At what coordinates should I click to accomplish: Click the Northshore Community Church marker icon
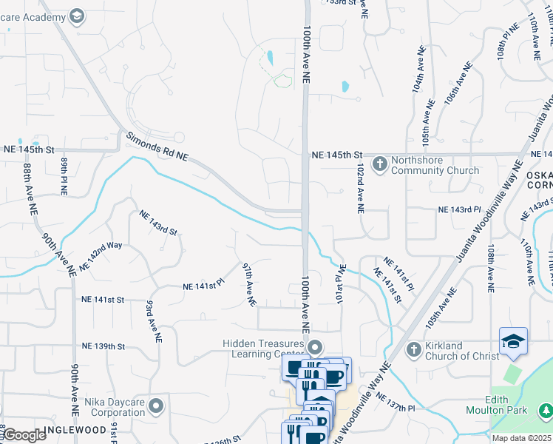379,164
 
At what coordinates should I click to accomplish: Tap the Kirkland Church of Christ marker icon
414,349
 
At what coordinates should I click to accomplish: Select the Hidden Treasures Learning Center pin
316,346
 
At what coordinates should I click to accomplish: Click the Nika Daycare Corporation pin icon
156,406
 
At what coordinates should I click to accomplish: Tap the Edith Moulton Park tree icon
546,409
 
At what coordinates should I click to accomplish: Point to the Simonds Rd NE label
157,147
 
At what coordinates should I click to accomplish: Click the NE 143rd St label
158,223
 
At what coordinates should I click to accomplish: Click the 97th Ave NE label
250,284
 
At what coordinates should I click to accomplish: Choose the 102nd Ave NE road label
359,189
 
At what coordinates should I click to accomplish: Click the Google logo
24,435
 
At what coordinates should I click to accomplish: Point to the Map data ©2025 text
521,438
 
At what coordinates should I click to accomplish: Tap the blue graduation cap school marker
513,341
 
